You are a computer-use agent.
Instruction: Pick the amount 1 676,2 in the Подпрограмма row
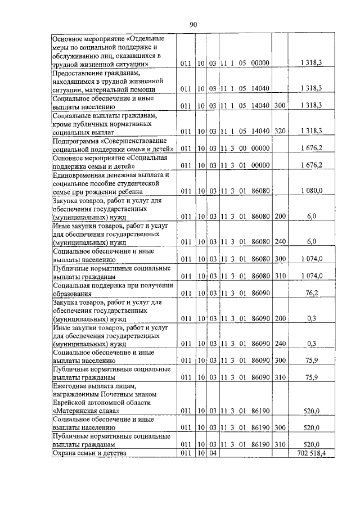(311, 148)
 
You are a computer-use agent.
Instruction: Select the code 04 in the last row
(213, 453)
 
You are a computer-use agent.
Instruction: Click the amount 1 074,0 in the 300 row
(311, 259)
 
